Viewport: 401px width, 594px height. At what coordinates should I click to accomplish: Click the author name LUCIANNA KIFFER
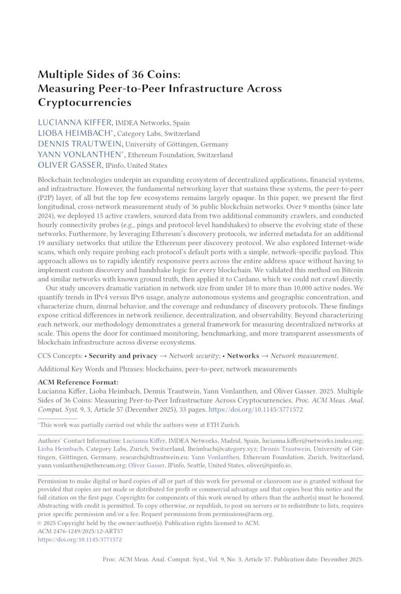[x=75, y=122]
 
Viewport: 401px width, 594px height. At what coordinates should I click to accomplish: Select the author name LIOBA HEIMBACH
[x=74, y=133]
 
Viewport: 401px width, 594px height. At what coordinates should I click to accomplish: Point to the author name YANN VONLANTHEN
[x=79, y=154]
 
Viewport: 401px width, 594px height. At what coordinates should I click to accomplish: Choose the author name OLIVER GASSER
[x=70, y=165]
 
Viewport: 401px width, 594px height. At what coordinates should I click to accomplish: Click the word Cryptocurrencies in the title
[x=84, y=103]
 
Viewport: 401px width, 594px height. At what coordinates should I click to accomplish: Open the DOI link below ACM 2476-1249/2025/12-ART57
[x=80, y=540]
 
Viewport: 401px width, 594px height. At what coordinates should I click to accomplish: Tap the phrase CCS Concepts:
[x=60, y=356]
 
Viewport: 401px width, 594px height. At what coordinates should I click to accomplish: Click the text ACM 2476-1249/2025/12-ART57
[x=80, y=531]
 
